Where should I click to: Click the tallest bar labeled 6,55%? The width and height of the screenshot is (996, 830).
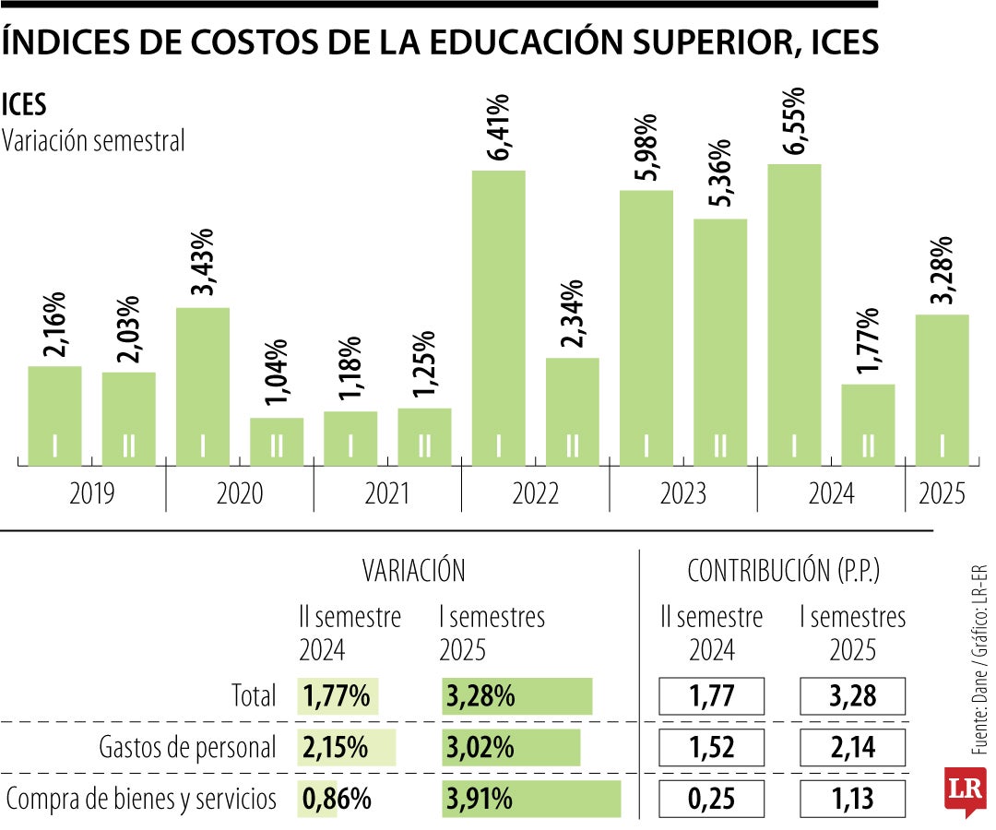click(794, 314)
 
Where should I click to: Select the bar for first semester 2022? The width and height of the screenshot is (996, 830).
click(499, 317)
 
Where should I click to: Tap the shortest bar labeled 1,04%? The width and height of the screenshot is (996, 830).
click(277, 441)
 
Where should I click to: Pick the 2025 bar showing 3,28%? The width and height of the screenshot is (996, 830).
click(942, 389)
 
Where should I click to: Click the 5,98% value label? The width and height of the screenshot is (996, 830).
click(646, 147)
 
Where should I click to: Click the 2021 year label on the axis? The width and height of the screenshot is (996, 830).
click(387, 494)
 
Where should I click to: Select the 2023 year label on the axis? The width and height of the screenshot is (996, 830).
click(683, 494)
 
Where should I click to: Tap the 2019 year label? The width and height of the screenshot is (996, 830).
click(92, 494)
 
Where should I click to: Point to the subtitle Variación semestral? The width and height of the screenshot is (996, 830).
click(94, 141)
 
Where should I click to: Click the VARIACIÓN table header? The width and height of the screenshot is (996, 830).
click(413, 571)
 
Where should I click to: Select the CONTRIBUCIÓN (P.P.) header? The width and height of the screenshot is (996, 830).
click(783, 571)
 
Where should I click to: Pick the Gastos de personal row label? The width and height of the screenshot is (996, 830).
click(187, 747)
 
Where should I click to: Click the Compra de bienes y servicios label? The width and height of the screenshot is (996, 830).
click(141, 799)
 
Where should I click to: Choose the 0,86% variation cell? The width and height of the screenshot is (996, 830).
click(335, 799)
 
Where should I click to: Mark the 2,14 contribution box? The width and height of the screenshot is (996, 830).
click(852, 747)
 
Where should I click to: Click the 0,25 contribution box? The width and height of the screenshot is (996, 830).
click(712, 799)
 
